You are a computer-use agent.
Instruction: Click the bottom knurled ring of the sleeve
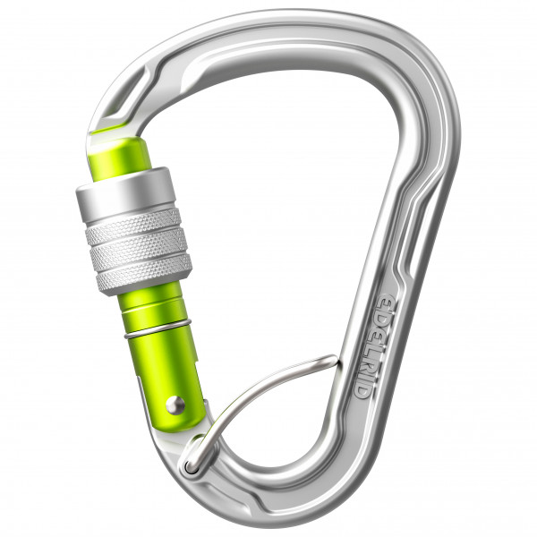[143, 269]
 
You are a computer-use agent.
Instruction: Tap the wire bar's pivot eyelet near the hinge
[191, 465]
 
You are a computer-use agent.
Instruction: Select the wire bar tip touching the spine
[333, 360]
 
